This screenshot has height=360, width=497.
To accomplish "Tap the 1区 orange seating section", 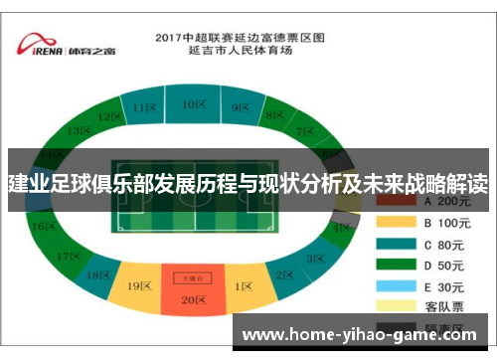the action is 244,286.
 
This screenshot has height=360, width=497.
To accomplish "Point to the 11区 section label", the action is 146,106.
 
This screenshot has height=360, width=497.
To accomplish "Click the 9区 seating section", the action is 240,106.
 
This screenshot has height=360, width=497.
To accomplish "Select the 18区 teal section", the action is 98,274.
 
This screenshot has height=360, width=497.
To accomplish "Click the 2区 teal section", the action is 284,274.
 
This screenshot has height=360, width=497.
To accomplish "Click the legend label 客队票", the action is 442,305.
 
